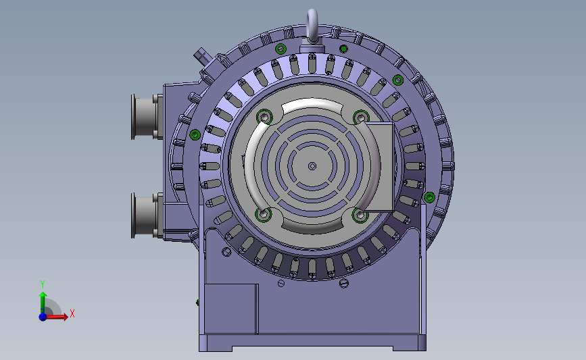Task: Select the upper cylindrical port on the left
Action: point(147,117)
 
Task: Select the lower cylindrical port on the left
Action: point(147,215)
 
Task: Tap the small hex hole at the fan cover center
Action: point(312,165)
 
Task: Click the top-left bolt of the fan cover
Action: point(264,117)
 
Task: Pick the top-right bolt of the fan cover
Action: point(361,118)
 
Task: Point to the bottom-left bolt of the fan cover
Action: point(264,214)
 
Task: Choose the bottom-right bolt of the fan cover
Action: point(360,215)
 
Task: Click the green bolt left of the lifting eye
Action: point(280,49)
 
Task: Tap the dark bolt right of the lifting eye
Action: point(343,49)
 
